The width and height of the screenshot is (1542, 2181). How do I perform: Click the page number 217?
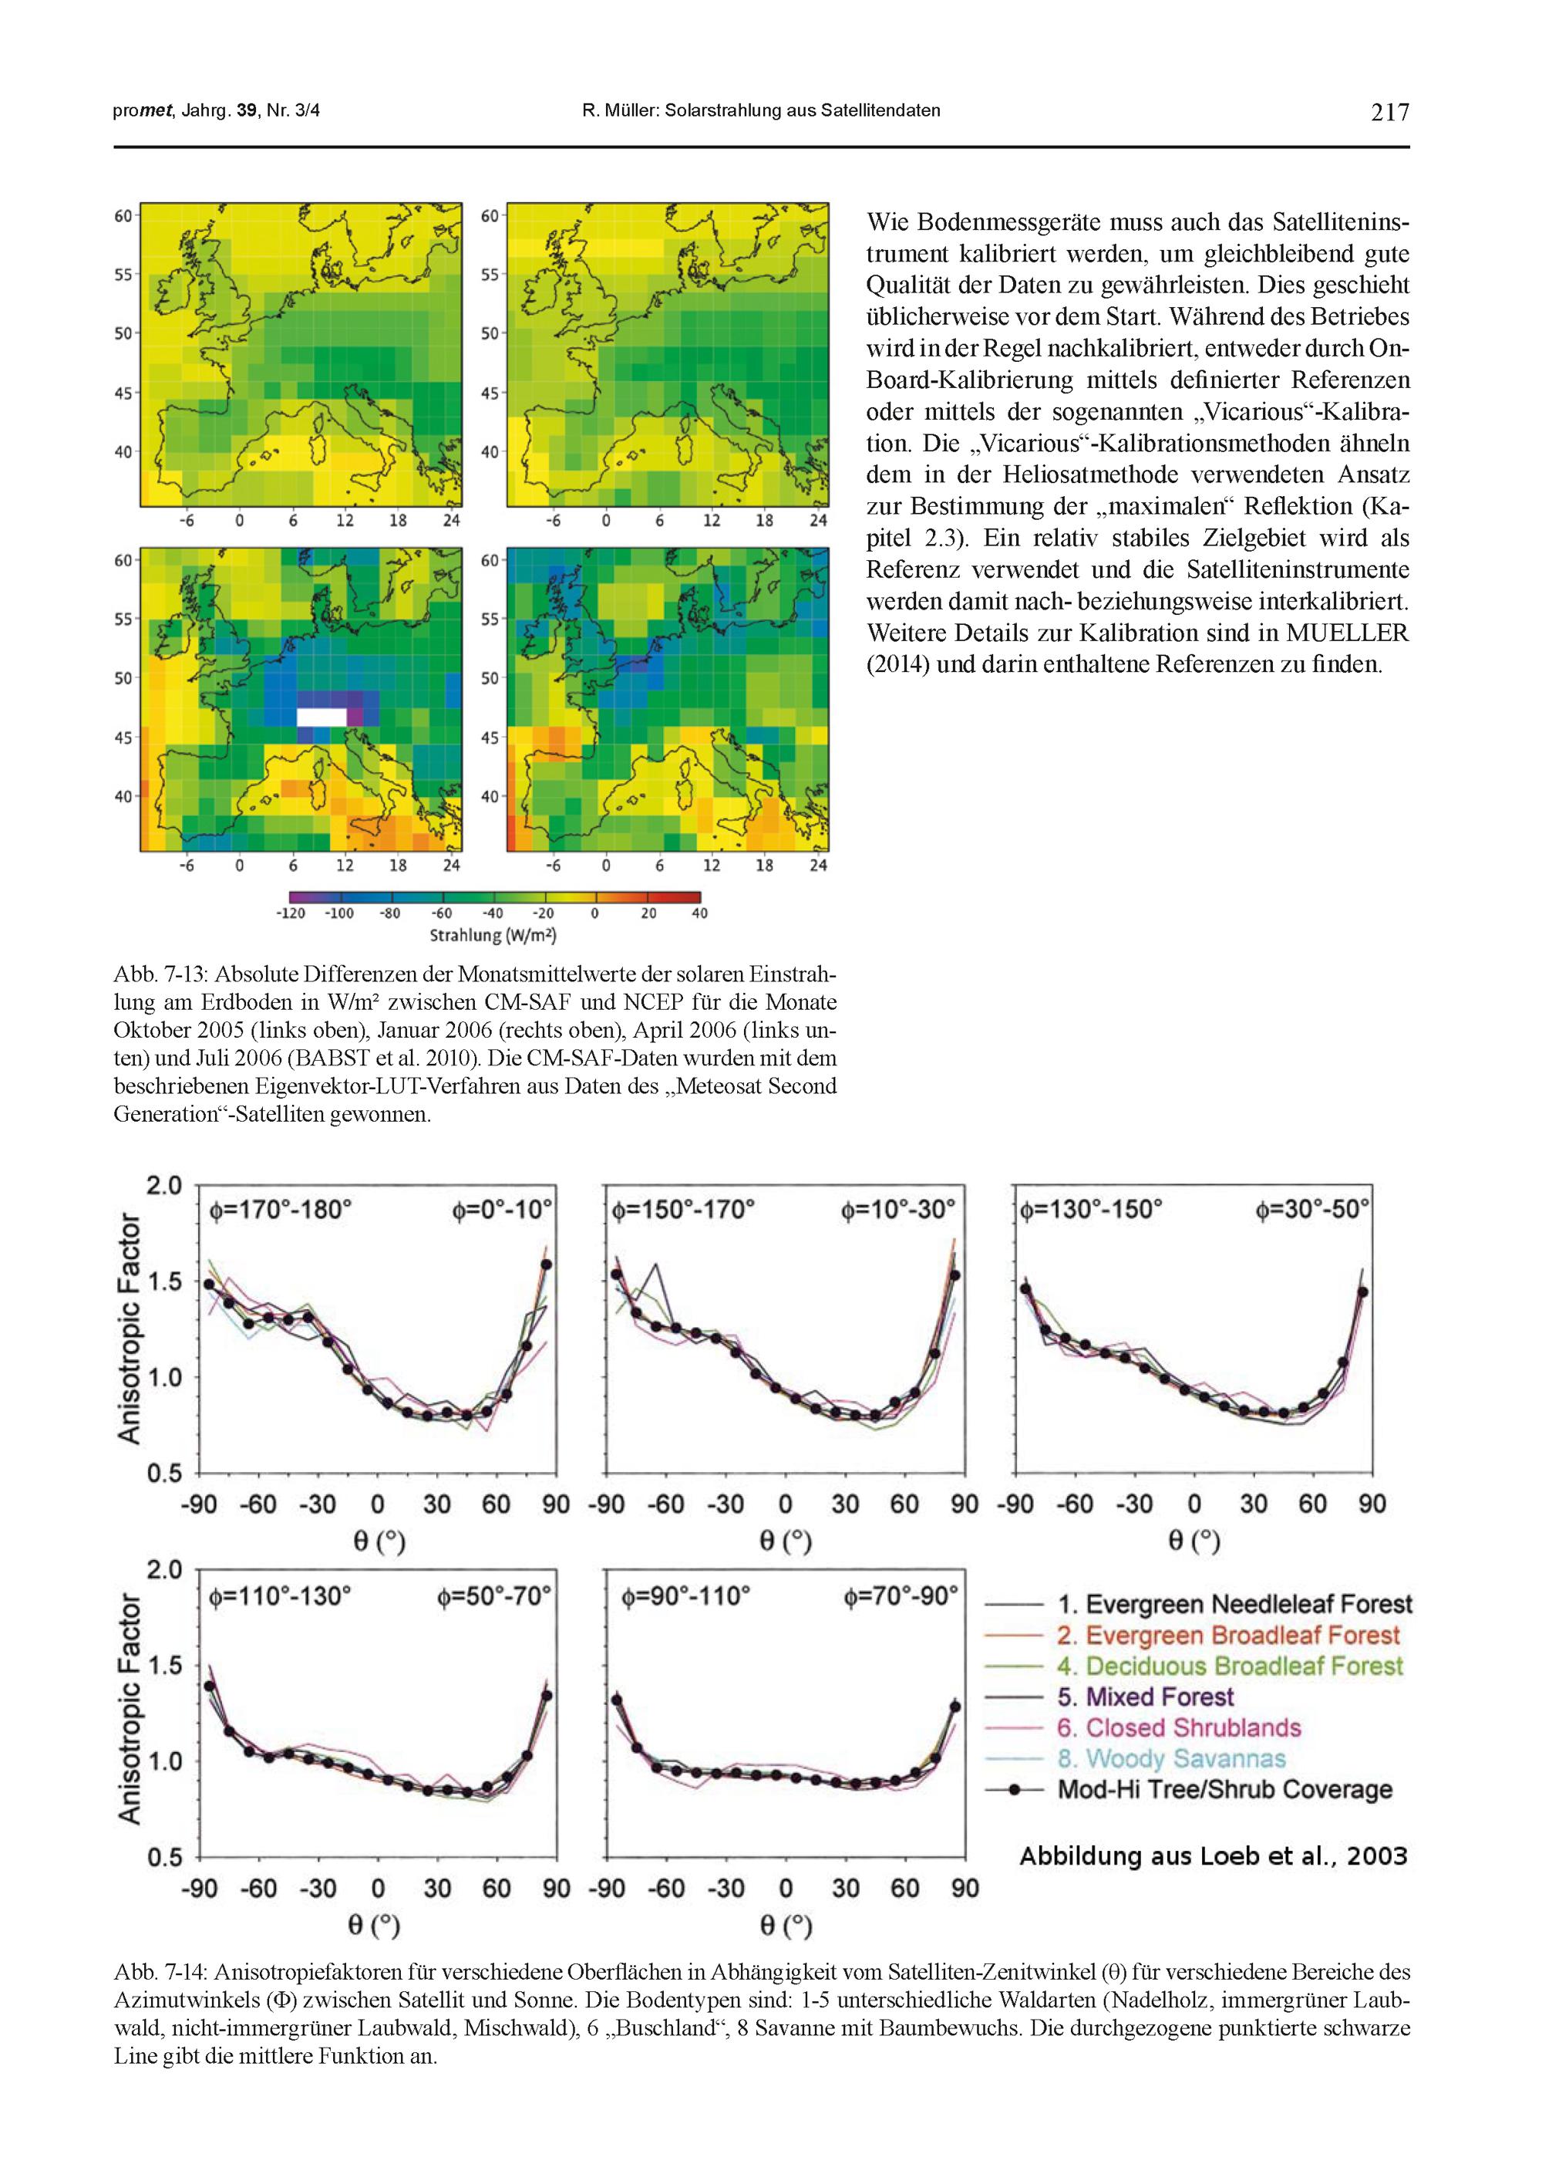[x=1390, y=112]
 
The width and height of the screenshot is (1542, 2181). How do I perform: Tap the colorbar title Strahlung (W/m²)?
[x=493, y=936]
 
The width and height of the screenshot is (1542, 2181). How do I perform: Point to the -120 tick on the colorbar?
[x=291, y=913]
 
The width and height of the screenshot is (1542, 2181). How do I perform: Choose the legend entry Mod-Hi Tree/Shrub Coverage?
[x=1224, y=1790]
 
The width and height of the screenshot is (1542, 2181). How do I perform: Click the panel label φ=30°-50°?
[x=1312, y=1210]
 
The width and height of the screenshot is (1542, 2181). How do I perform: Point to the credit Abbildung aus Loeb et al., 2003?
[x=1213, y=1856]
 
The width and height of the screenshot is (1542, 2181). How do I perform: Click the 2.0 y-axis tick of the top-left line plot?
[x=163, y=1186]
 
